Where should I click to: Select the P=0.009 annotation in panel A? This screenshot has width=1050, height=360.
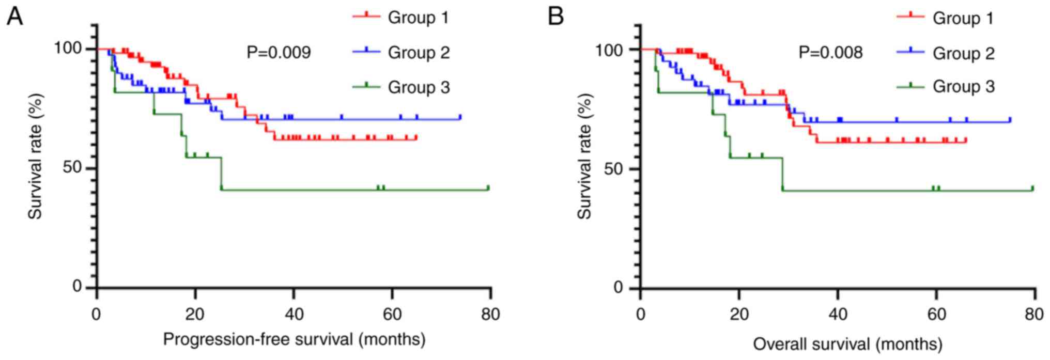tap(279, 53)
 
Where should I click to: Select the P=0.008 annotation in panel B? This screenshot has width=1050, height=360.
tap(830, 53)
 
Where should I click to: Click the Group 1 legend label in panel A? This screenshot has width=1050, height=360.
tap(419, 18)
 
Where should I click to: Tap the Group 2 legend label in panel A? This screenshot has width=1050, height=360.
tap(419, 53)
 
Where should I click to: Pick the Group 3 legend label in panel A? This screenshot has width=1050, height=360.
tap(419, 87)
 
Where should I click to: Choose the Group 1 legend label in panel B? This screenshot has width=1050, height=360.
tap(963, 19)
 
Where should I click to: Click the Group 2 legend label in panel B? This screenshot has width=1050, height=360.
tap(963, 53)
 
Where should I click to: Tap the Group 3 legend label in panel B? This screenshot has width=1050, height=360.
tap(963, 86)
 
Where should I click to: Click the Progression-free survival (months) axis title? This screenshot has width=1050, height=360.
tap(294, 339)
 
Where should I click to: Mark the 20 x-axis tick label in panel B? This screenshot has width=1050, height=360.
tap(739, 315)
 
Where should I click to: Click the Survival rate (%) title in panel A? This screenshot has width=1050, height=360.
tap(35, 156)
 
